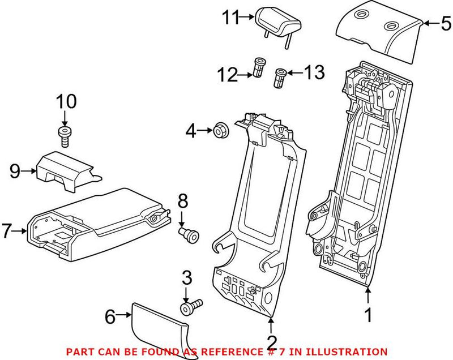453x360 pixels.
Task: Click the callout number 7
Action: (7, 231)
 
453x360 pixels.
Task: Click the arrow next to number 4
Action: (204, 132)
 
